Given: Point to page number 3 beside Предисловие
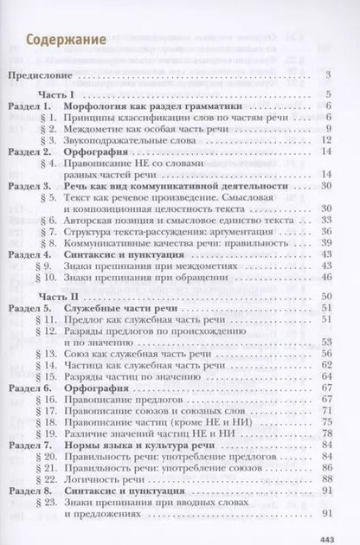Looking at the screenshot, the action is (331, 75).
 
